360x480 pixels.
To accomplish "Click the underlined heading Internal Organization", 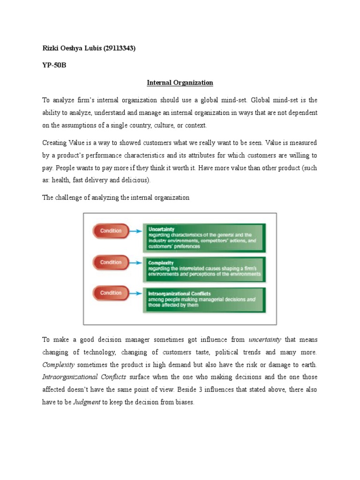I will click(x=180, y=82).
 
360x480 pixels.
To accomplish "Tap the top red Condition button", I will click(x=111, y=231).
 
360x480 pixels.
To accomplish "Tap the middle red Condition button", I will click(x=111, y=262).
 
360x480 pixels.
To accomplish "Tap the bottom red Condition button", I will click(x=111, y=293).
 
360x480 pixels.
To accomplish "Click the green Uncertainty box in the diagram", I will click(x=204, y=237).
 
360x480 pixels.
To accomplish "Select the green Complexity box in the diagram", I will click(x=204, y=268).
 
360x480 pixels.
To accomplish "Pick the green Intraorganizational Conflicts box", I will click(x=204, y=299).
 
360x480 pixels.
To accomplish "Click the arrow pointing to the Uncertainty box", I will click(x=135, y=231).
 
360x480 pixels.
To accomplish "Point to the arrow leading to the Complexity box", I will click(x=135, y=262).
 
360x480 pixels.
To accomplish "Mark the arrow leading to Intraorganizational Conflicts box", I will click(x=135, y=293).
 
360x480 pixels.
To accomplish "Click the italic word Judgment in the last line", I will click(x=87, y=402).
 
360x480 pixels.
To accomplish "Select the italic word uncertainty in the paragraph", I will click(x=266, y=339).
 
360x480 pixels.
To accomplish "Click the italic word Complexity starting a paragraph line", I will click(x=59, y=364).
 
